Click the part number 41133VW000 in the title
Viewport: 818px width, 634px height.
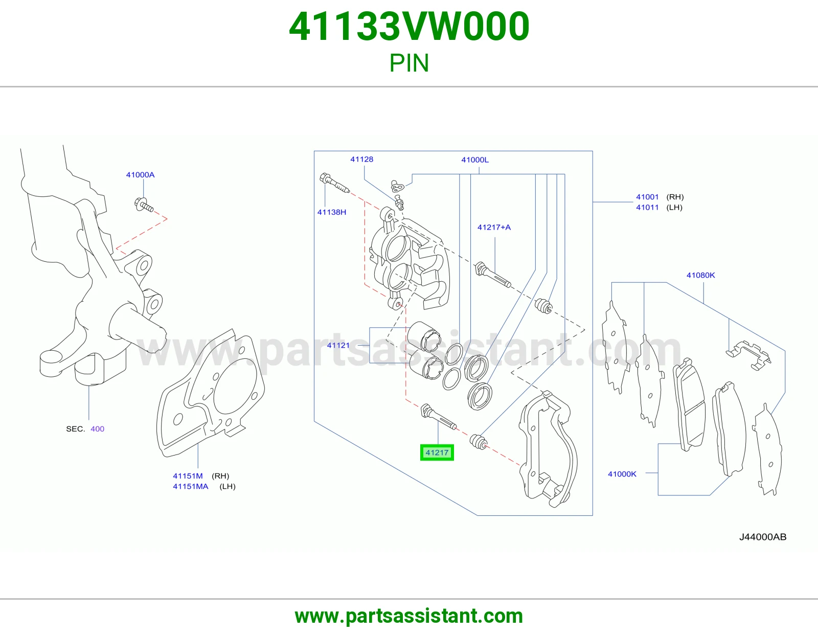click(x=409, y=27)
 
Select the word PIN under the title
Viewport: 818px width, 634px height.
click(x=409, y=63)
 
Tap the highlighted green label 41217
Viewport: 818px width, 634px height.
click(x=437, y=452)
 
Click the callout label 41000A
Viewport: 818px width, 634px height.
click(x=140, y=175)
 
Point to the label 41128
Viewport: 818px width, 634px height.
click(x=362, y=159)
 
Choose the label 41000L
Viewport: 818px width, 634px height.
click(x=475, y=160)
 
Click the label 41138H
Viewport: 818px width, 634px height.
click(x=332, y=212)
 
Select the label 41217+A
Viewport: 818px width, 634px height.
click(x=494, y=227)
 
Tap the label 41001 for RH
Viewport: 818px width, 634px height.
click(x=647, y=196)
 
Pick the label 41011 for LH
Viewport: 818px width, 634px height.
click(x=647, y=207)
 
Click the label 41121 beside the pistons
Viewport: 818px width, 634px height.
click(x=338, y=345)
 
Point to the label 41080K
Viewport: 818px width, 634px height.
click(x=700, y=275)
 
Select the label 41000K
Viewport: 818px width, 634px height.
click(x=622, y=473)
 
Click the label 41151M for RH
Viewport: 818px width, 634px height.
click(x=188, y=476)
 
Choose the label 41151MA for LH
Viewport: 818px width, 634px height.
click(x=191, y=486)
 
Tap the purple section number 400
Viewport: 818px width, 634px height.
click(x=98, y=429)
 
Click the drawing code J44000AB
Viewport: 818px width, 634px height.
click(x=763, y=537)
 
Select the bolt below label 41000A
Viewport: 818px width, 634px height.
click(x=144, y=205)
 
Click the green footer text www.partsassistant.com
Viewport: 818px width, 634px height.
click(x=409, y=616)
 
